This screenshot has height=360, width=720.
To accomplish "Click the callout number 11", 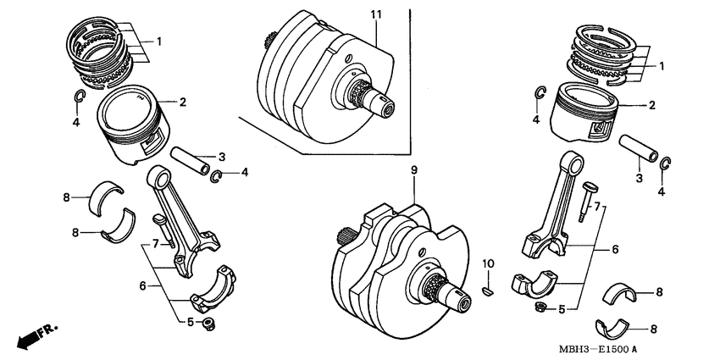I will pos(376,15).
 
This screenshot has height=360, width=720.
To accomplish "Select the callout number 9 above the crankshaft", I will pos(414,171).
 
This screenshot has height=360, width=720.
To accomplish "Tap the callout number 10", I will pos(487,264).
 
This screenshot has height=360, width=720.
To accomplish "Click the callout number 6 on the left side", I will pos(141,286).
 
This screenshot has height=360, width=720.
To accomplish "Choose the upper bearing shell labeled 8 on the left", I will pos(108,195).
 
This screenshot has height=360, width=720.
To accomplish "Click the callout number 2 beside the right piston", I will pos(651,106).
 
